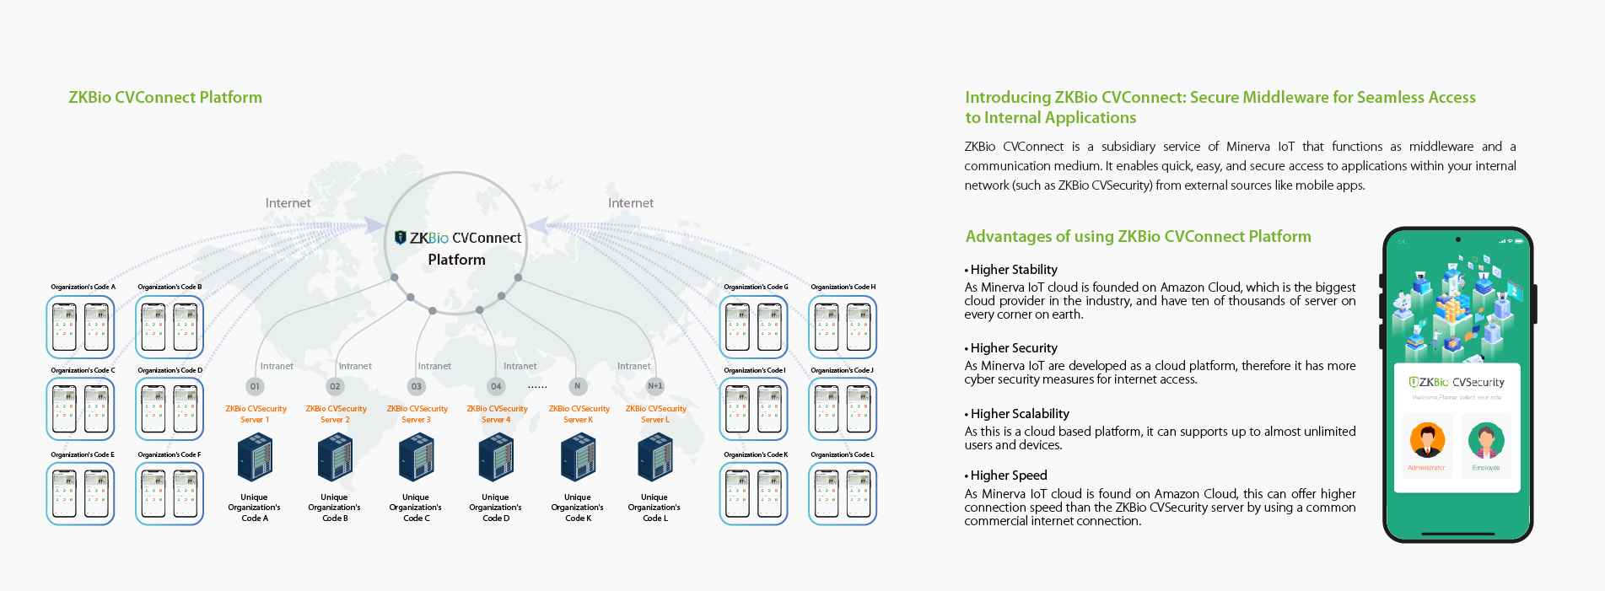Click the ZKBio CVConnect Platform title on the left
click(165, 97)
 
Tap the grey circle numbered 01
click(255, 386)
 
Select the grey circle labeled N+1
click(655, 386)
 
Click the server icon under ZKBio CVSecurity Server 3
click(416, 457)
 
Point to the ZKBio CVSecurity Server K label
click(579, 414)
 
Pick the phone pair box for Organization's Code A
click(80, 327)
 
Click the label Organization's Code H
click(843, 287)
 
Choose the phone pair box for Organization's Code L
click(843, 494)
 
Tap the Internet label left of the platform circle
click(288, 203)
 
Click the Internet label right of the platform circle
click(631, 203)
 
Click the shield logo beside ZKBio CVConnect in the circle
click(401, 238)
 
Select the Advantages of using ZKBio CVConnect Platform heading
click(1138, 237)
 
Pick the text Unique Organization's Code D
click(495, 508)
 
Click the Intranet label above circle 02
click(355, 366)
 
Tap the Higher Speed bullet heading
click(1008, 475)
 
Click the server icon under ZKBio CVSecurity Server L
click(655, 457)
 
